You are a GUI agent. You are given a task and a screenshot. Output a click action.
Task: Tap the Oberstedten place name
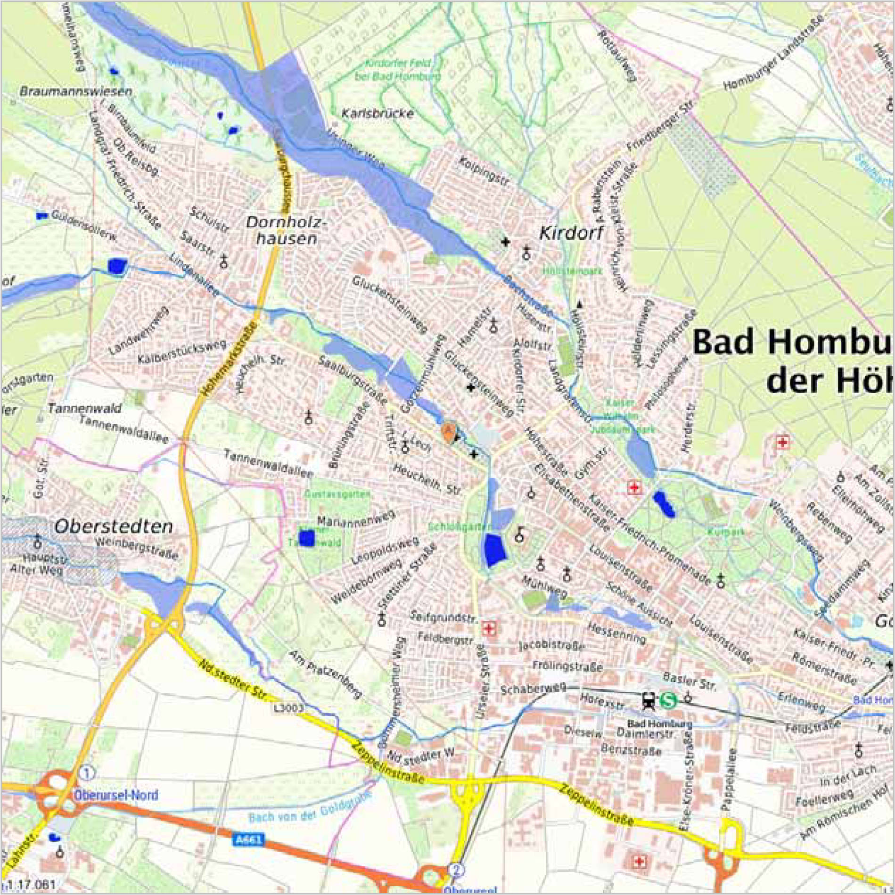114,526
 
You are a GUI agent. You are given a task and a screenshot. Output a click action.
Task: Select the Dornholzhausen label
286,230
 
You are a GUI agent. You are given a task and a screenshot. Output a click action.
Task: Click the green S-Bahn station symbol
668,700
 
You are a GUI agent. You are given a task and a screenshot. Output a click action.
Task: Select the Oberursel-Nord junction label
115,795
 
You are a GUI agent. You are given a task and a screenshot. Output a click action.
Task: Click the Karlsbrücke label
378,114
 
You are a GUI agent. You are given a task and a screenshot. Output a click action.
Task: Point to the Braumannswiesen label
76,91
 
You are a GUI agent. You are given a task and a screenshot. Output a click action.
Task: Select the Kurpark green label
726,532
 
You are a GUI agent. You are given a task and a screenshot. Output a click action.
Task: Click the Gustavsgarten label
337,494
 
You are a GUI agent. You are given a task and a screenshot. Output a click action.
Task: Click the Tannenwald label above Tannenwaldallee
84,409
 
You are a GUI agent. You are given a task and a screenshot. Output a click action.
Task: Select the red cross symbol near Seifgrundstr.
489,628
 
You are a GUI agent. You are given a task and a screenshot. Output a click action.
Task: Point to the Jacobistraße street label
551,645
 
